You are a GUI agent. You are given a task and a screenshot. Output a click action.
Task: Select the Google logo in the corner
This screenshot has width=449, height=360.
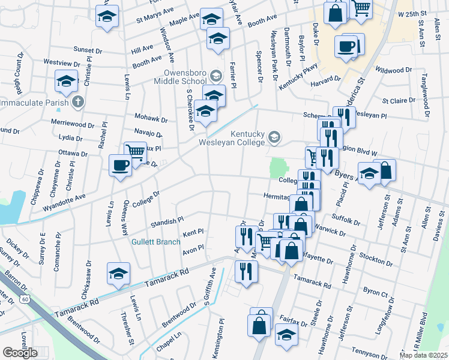tap(20, 353)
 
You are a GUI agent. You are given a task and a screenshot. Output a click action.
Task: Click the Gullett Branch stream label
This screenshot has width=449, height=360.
tap(157, 242)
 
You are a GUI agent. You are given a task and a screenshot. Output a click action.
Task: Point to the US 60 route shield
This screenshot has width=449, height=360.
tap(25, 298)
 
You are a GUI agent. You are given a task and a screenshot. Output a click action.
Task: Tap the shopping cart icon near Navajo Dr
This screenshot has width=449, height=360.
tap(135, 152)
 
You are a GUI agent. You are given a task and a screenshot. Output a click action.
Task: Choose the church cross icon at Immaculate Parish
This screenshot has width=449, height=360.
tap(77, 102)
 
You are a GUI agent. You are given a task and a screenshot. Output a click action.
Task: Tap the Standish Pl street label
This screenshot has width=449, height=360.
tap(167, 222)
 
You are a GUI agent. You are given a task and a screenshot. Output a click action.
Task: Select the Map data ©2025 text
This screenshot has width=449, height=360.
tap(423, 355)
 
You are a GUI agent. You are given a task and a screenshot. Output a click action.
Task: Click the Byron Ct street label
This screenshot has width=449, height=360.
tap(376, 292)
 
